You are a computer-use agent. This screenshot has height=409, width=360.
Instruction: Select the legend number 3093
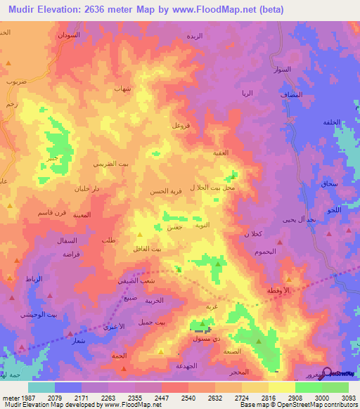tap(339, 397)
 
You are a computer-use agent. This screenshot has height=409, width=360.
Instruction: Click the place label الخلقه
tap(331, 122)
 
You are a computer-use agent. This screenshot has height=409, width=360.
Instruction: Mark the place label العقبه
tap(221, 152)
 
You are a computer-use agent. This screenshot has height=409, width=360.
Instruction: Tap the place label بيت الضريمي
tap(111, 164)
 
